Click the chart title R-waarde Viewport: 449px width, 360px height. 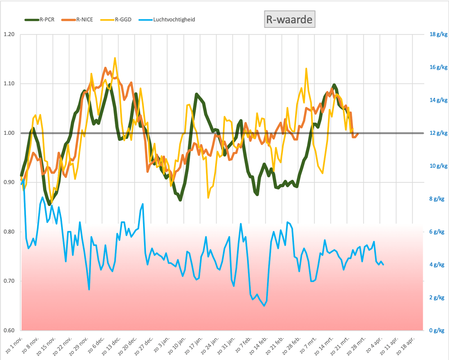pos(289,20)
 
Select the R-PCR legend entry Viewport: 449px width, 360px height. pos(40,20)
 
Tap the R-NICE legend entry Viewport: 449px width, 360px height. pos(77,20)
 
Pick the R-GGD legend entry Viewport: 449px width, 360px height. pos(116,20)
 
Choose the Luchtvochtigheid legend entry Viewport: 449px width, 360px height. pos(167,20)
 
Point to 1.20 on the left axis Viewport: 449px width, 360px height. pos(9,34)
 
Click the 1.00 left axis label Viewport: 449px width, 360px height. pos(9,133)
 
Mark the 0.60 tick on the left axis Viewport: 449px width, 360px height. pos(9,330)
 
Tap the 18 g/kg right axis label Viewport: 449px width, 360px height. pos(438,34)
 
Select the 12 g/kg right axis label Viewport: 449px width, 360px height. pos(438,133)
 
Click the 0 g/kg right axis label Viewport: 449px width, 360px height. pos(437,330)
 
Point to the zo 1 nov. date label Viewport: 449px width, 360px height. pos(14,345)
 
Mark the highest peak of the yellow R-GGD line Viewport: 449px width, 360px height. pos(115,58)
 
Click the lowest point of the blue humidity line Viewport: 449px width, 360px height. pos(264,306)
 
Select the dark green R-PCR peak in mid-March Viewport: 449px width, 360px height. pos(334,85)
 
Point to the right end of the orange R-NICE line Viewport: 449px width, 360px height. pos(358,134)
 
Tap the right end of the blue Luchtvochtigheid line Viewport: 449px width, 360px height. pos(383,265)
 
